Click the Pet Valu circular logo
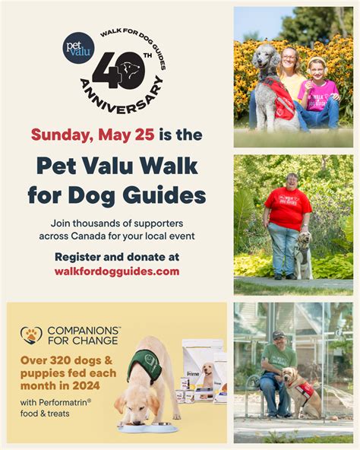point(79,47)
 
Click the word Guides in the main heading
point(162,195)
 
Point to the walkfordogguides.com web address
point(117,271)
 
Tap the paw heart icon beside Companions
point(31,334)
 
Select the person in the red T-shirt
point(286,220)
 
